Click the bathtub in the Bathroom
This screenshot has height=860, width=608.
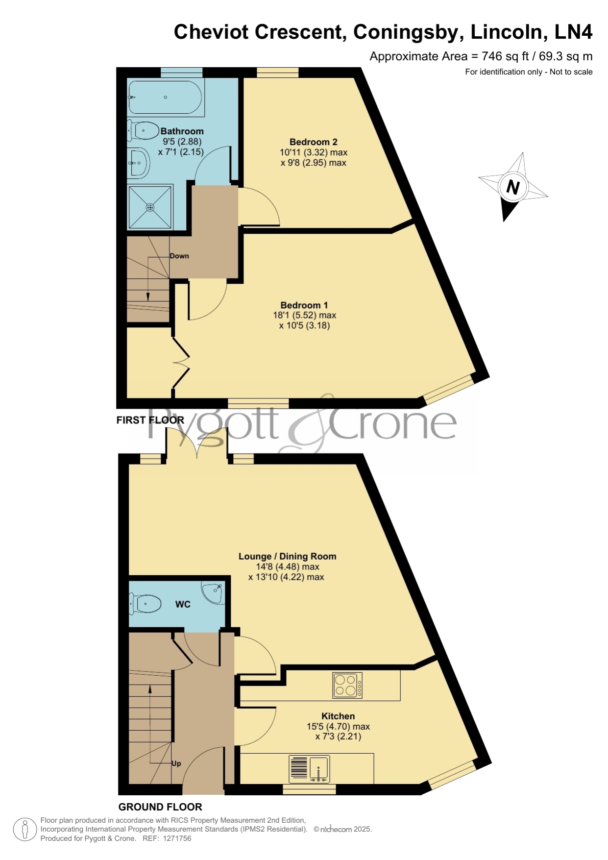(166, 97)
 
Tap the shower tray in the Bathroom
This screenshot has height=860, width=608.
(150, 207)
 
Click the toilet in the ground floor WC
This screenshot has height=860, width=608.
(145, 604)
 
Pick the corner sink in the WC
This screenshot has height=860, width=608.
(213, 592)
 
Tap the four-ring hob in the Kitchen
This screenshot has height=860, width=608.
(347, 685)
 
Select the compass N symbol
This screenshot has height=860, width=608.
(513, 187)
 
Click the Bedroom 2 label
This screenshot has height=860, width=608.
(313, 142)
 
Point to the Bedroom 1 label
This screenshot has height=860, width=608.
(304, 305)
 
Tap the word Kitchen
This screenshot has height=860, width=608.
(338, 716)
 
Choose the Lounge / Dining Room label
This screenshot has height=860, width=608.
(287, 556)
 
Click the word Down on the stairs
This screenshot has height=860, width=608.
(179, 256)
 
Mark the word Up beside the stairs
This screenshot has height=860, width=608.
(176, 763)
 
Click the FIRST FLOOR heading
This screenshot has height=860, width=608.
(150, 420)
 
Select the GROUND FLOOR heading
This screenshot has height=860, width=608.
(160, 807)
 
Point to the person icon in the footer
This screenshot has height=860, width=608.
(24, 830)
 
